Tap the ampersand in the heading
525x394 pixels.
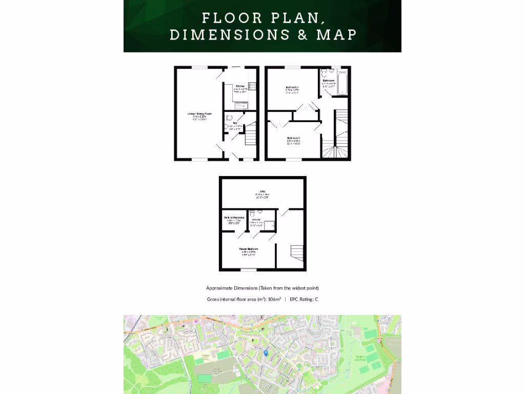pos(301,35)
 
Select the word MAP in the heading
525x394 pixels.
pos(336,35)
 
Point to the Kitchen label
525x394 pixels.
pos(240,86)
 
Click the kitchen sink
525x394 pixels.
pos(240,106)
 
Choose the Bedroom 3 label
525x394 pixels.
pos(293,138)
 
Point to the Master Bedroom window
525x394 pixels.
pos(249,270)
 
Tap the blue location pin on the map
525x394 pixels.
pos(266,352)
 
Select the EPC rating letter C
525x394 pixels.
pos(316,299)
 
